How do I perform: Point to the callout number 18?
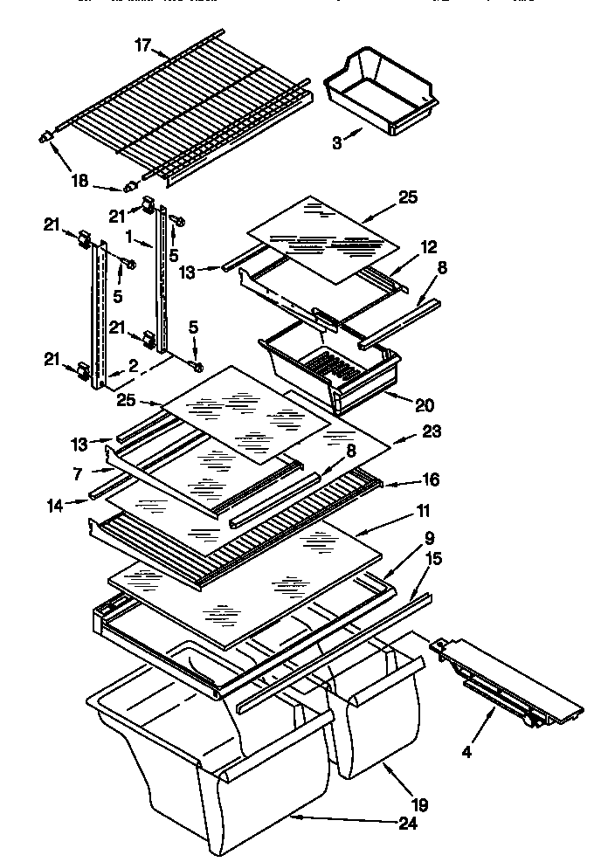coord(79,181)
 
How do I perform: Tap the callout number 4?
coord(466,752)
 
